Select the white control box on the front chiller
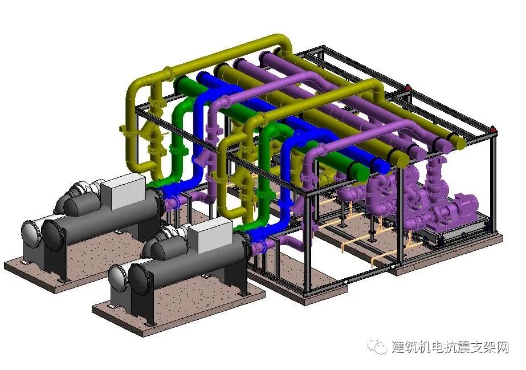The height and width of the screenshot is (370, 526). click(210, 234)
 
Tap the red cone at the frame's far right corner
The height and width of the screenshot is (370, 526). click(493, 129)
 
